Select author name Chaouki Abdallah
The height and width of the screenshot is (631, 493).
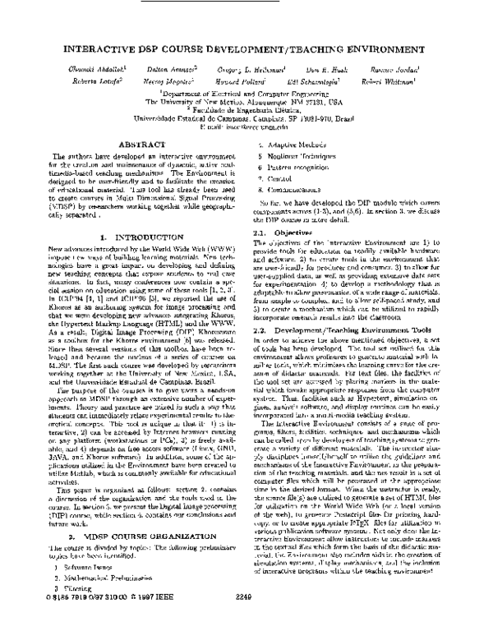pyautogui.click(x=81, y=72)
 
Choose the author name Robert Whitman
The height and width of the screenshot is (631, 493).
pyautogui.click(x=405, y=83)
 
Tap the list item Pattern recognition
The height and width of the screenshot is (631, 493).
pyautogui.click(x=295, y=165)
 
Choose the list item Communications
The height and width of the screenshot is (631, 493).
pyautogui.click(x=293, y=188)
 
